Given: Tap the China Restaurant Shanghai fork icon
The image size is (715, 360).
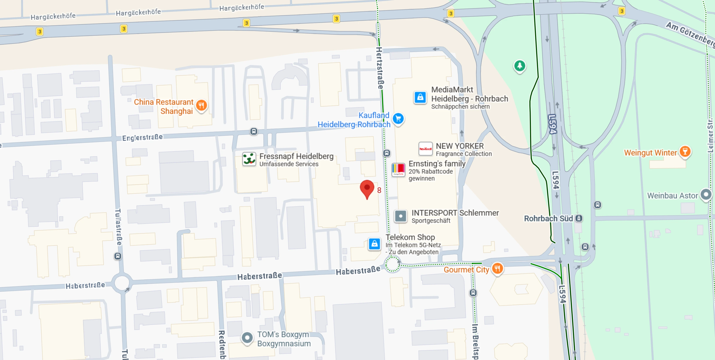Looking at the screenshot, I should click(x=202, y=105).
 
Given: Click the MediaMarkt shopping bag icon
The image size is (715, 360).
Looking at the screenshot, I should click(x=420, y=97).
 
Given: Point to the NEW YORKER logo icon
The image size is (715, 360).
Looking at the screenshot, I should click(x=425, y=149).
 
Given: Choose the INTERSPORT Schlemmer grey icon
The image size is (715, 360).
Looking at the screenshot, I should click(x=400, y=216).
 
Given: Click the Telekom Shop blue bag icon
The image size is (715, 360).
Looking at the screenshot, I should click(x=374, y=244).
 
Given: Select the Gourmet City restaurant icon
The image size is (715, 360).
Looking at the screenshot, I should click(x=497, y=268).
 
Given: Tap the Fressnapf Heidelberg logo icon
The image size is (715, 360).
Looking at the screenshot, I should click(x=249, y=159).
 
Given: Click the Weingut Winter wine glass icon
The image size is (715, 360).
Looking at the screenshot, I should click(x=685, y=152).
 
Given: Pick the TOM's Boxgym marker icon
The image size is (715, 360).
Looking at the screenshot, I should click(x=247, y=338).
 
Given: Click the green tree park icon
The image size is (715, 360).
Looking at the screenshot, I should click(x=520, y=66).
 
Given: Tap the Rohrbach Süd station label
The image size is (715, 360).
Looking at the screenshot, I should click(x=548, y=218).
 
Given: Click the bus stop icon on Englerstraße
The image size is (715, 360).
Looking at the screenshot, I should click(x=254, y=131).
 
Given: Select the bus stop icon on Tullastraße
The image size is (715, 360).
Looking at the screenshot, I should click(x=118, y=256).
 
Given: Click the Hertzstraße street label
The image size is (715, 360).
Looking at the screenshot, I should click(x=379, y=68).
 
